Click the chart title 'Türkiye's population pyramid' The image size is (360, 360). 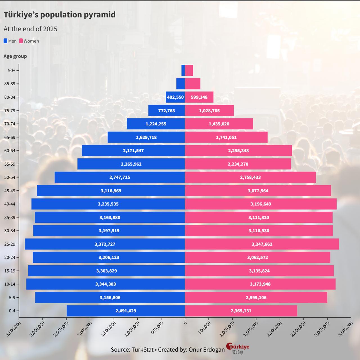coord(59,15)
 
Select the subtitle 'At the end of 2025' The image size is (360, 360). coord(30,29)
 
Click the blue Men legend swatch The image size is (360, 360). coord(5,41)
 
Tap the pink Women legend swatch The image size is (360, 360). coord(21,41)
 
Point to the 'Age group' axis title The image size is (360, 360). coord(15,56)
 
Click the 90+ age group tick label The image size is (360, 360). coord(12,70)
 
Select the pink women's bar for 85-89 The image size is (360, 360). coord(193,84)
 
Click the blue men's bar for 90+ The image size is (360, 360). coord(183,70)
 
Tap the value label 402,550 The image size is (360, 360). coord(175,97)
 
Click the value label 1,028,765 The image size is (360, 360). coord(209,111)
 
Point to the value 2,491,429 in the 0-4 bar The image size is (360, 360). coord(126,311)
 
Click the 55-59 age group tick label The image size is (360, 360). coord(10,164)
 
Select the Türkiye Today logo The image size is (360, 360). coord(238,348)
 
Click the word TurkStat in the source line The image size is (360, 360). coord(142,350)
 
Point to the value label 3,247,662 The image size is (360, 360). coord(262,244)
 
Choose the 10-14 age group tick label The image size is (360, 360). coord(10,284)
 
